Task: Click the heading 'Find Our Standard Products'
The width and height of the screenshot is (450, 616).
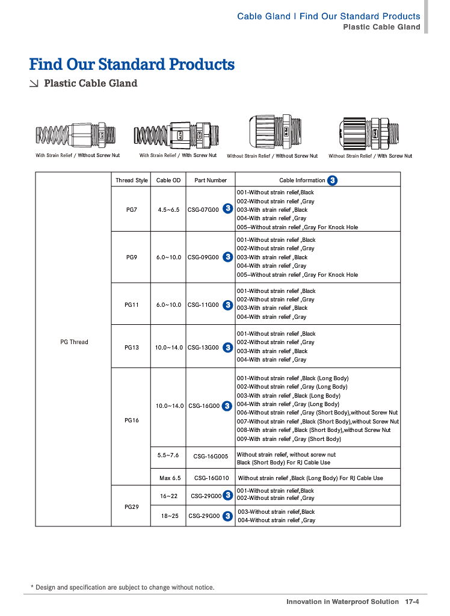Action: click(132, 64)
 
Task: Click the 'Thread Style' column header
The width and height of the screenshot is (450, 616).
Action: click(132, 180)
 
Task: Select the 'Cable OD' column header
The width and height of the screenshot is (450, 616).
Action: click(168, 180)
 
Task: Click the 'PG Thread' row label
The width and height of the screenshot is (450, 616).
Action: click(74, 342)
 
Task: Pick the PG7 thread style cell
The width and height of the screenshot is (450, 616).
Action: click(132, 210)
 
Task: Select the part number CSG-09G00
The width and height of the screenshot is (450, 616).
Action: click(203, 257)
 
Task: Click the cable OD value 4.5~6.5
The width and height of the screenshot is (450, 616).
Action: click(168, 210)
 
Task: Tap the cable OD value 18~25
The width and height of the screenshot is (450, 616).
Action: click(169, 516)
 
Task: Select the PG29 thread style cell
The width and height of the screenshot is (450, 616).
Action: click(132, 507)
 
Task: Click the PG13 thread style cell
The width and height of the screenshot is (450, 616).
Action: click(132, 347)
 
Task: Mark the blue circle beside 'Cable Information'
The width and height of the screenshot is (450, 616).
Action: click(333, 180)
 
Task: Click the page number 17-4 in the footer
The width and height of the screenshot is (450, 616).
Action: click(412, 601)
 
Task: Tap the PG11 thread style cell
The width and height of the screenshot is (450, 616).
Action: click(132, 304)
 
